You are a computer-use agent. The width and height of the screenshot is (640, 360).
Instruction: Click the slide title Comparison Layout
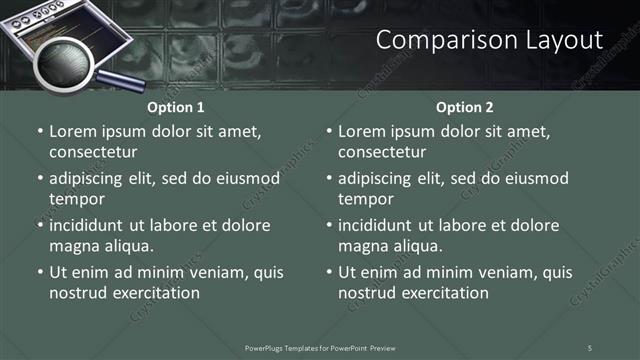coord(490,40)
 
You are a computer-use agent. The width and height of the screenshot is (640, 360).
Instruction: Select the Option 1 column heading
coord(176,107)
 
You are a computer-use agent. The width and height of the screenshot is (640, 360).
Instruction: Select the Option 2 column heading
coord(465,107)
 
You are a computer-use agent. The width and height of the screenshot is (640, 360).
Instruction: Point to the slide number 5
coord(589,347)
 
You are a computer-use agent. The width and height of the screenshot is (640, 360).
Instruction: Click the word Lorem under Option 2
coord(362,131)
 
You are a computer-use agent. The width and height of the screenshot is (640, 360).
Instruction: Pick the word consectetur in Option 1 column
coord(93,152)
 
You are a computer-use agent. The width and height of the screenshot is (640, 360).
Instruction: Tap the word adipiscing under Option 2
coord(381,178)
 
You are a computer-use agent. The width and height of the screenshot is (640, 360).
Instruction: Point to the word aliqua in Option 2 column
coord(416,246)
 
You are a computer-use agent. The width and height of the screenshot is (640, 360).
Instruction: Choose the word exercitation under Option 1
coord(155,293)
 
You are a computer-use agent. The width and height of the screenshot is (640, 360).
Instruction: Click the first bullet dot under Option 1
coord(40,132)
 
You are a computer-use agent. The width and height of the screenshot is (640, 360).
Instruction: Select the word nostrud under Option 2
coord(367,293)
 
